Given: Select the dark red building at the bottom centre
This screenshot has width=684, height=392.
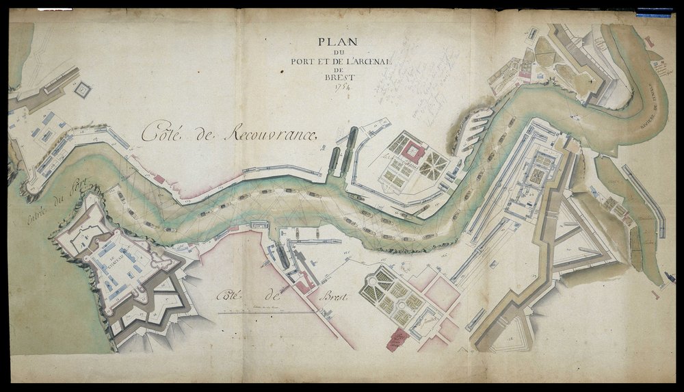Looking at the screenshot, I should click(x=395, y=338).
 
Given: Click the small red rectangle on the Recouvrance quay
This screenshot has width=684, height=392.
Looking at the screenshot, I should click(x=159, y=178).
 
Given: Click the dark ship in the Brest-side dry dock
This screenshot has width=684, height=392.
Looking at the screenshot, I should click(x=280, y=257).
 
